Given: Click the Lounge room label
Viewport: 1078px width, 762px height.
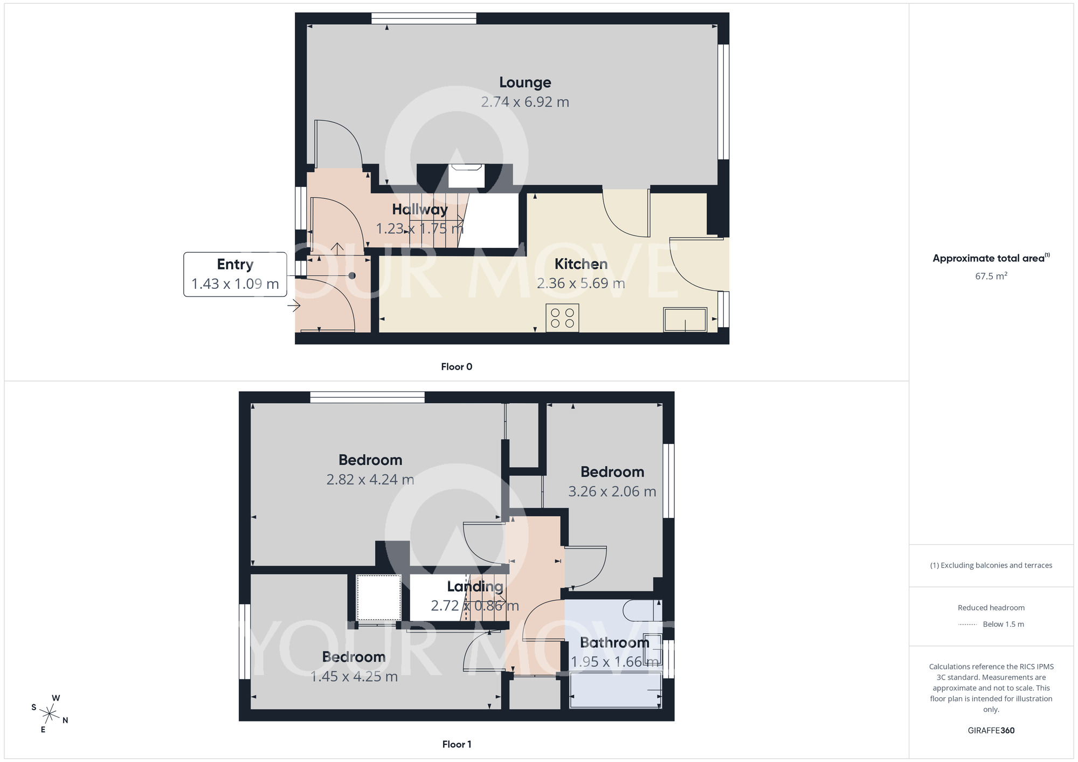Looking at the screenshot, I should click(525, 82).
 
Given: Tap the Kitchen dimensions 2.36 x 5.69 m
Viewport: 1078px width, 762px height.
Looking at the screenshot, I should click(581, 283).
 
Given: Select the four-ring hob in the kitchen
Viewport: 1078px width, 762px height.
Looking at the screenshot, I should click(562, 318).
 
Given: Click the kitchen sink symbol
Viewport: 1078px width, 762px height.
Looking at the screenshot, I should click(685, 320).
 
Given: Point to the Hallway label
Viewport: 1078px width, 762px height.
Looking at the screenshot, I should click(420, 209).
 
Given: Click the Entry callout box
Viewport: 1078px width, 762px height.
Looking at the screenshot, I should click(235, 274).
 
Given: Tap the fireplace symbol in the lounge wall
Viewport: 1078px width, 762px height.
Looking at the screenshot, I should click(466, 176).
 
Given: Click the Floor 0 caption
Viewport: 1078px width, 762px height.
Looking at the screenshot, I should click(457, 367).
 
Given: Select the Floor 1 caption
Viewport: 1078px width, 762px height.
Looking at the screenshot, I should click(457, 744).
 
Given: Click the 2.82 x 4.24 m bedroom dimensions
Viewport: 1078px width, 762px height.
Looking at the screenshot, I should click(370, 480).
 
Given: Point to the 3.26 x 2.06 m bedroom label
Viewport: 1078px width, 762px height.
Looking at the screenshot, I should click(612, 472).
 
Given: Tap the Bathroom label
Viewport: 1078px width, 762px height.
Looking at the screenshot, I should click(614, 642).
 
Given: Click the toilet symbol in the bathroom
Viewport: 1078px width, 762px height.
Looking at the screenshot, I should click(641, 611).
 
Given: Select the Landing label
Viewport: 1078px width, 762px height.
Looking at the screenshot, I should click(475, 586).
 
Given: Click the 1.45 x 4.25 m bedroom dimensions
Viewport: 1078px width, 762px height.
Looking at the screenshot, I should click(354, 677).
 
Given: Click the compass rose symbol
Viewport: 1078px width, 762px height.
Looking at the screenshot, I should click(50, 714).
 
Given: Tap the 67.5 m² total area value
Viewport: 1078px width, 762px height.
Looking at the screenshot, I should click(991, 276).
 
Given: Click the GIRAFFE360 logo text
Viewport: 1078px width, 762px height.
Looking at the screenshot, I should click(991, 731).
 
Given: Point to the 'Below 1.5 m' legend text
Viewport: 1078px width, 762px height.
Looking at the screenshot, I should click(1003, 624).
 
